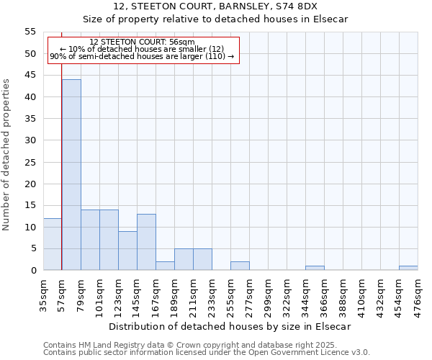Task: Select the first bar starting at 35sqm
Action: pos(53,244)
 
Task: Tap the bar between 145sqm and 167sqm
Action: pos(146,242)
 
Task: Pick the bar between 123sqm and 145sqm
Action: pos(127,251)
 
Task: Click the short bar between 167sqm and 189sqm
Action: pos(165,266)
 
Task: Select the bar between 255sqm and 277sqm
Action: pos(240,266)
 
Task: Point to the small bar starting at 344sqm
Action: pos(315,268)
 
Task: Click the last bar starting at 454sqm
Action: pos(408,268)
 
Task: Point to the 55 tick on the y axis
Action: pos(30,32)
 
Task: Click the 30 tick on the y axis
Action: pos(30,140)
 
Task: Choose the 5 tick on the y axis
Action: pos(33,249)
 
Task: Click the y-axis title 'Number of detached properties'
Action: pos(6,155)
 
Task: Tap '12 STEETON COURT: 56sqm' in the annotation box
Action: pos(142,42)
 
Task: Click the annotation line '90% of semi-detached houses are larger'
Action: pos(142,56)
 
